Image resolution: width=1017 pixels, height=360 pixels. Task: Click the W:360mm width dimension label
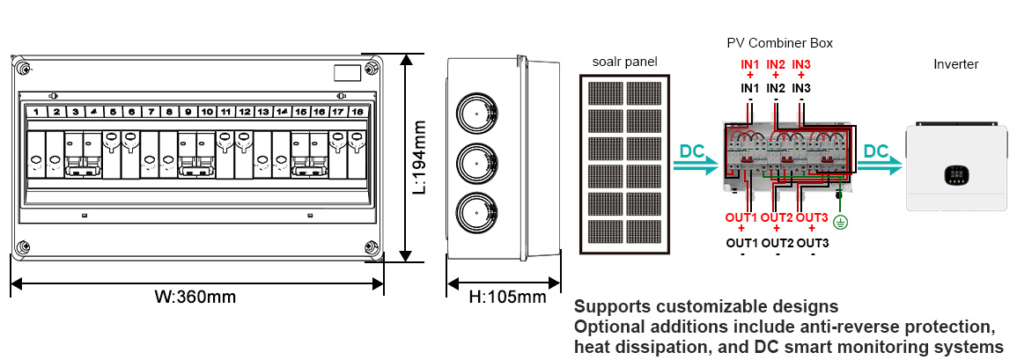195,297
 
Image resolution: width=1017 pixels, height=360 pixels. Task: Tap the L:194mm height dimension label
420,158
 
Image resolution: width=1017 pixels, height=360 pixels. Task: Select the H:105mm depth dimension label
507,297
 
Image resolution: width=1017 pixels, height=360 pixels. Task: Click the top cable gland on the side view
476,114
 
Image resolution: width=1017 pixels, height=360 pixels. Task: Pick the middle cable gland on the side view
476,164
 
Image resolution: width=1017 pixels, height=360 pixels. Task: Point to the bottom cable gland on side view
476,214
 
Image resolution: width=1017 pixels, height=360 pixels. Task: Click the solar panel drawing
623,165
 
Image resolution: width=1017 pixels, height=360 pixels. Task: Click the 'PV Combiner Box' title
779,42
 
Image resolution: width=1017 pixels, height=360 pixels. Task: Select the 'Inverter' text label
955,64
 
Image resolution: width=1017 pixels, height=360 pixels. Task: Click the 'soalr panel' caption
623,62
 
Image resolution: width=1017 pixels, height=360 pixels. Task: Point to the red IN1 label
749,64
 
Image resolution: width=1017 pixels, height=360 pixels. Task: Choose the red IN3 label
802,64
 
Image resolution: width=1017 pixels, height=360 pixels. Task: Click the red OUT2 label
777,217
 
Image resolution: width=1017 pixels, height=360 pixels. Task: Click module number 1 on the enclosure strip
36,112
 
